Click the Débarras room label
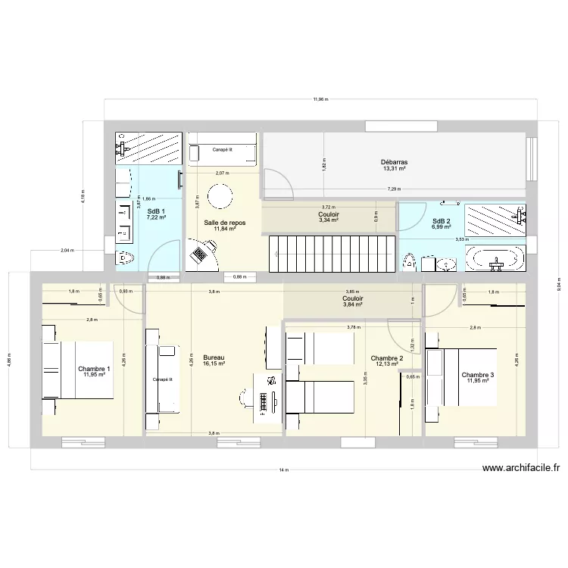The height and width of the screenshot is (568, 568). (395, 162)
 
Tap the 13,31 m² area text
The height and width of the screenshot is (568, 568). (395, 170)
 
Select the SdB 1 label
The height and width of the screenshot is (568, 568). (156, 211)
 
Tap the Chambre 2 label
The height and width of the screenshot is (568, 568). (385, 358)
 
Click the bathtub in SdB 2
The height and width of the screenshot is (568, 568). (495, 258)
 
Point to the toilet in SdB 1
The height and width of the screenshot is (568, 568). (123, 258)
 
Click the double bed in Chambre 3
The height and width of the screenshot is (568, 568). (462, 376)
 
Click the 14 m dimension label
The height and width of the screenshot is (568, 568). (283, 470)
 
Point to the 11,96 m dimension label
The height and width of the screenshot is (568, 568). (320, 99)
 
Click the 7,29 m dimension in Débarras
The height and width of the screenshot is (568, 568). (392, 189)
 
